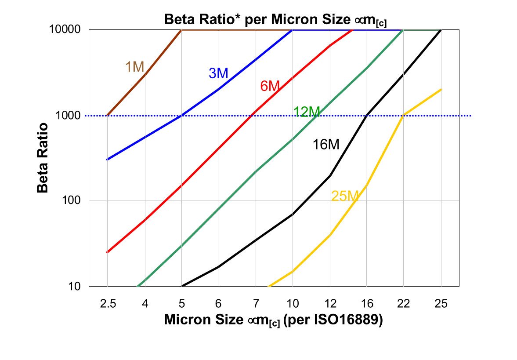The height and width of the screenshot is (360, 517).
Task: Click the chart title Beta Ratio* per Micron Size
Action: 275,20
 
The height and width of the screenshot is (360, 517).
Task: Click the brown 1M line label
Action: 135,67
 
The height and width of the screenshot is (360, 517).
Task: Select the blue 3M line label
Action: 218,73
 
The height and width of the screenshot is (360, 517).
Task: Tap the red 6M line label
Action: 270,86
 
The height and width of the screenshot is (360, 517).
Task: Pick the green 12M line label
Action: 306,112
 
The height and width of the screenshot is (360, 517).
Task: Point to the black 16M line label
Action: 326,144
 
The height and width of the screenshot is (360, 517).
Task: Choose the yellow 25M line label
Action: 345,196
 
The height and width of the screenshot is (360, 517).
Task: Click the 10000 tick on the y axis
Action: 67,30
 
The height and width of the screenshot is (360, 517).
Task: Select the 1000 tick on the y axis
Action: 70,116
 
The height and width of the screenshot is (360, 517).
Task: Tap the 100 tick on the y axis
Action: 73,201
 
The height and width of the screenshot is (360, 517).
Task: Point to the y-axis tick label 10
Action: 76,286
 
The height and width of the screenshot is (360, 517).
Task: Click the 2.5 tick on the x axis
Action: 107,304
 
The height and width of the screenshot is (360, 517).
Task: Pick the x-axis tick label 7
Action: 256,304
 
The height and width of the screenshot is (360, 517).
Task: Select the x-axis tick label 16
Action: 367,304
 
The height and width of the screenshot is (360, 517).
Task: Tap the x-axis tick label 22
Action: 404,304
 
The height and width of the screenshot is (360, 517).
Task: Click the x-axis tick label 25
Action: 441,304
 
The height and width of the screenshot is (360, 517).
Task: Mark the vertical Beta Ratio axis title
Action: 43,158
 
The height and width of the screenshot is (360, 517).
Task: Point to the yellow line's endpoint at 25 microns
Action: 441,89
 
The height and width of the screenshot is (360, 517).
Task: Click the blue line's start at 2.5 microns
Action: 107,160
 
